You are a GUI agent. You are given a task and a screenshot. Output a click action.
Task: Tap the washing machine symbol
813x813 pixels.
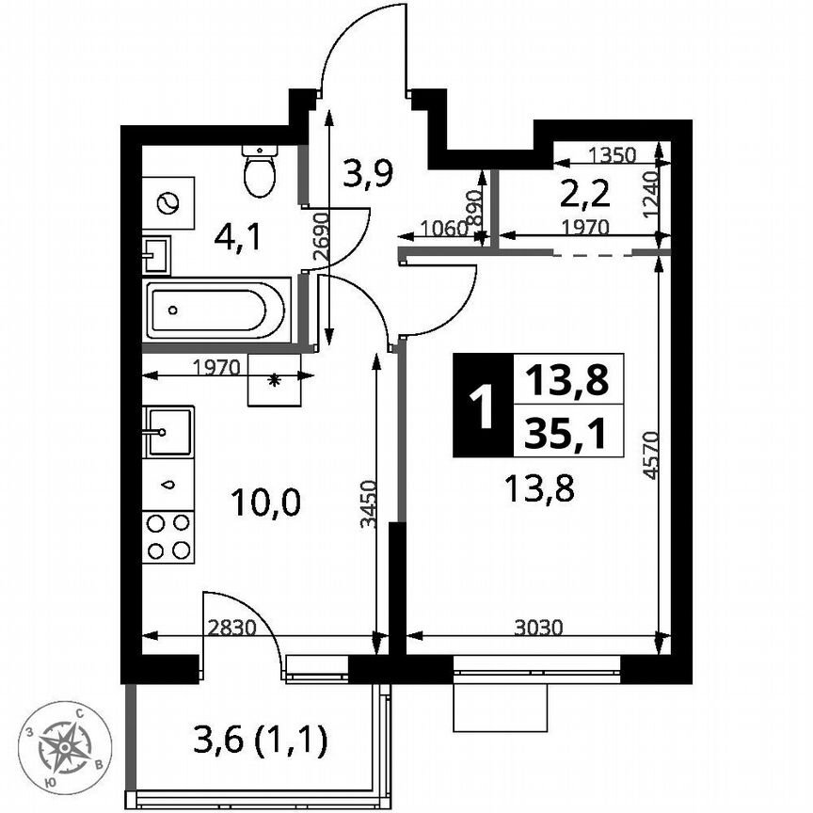tap(168, 201)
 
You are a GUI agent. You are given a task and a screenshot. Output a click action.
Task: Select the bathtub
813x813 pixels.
tap(215, 310)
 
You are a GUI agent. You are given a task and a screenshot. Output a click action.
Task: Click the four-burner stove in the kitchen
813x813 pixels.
tap(168, 537)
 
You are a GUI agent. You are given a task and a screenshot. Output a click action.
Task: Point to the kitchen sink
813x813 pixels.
tap(168, 432)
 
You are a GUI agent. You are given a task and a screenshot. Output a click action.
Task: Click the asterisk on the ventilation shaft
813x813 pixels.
tap(275, 380)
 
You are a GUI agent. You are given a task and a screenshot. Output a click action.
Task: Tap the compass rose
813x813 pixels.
tap(66, 747)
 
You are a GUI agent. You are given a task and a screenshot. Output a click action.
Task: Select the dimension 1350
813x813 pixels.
tap(614, 154)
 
